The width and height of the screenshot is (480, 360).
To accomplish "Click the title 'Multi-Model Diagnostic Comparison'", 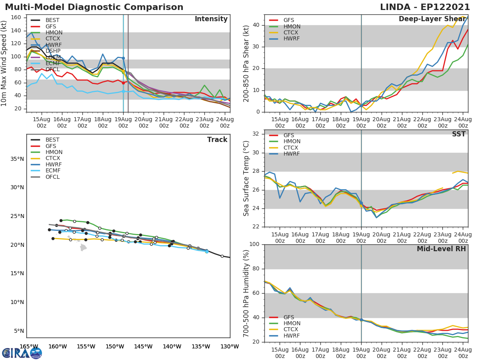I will point(94,7).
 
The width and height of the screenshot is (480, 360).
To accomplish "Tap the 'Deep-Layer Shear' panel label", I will point(432,19).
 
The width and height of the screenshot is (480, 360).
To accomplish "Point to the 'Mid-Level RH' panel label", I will point(441,249).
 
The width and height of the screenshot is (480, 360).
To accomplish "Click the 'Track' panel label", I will point(217,140).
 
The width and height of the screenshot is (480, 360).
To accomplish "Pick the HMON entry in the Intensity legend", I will point(54,32).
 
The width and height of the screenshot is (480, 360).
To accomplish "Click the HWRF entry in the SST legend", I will point(292,154).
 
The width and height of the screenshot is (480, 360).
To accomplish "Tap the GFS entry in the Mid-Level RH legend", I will point(288,317).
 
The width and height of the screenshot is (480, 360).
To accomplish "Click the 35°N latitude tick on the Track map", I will point(17,159).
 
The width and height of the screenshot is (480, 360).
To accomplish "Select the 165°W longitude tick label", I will point(29,346).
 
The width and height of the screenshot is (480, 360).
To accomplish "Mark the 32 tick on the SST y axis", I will point(256,134).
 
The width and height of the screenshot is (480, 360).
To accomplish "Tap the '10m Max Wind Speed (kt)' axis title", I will point(5,63).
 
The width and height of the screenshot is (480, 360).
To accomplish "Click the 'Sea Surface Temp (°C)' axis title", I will point(246,178).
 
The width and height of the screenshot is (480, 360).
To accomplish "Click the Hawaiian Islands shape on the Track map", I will point(82,247).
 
